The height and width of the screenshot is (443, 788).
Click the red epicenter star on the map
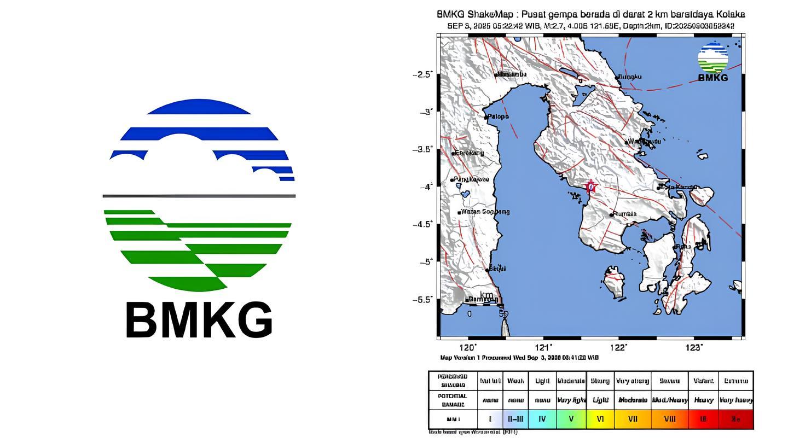click(x=590, y=187)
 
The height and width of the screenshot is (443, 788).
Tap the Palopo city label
click(x=498, y=116)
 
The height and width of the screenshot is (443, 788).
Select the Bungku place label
click(x=630, y=77)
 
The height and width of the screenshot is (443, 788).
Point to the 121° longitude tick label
click(x=543, y=347)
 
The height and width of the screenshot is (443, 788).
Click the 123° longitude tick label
click(x=694, y=347)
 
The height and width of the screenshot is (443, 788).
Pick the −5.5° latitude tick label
click(x=422, y=300)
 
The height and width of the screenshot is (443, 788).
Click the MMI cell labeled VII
click(x=633, y=419)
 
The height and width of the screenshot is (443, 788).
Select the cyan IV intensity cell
click(x=542, y=419)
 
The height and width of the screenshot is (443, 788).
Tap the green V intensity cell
click(x=571, y=419)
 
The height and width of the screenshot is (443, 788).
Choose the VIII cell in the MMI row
click(x=670, y=419)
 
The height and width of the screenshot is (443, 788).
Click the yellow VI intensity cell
click(x=600, y=419)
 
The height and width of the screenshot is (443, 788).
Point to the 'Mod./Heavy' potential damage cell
click(x=670, y=400)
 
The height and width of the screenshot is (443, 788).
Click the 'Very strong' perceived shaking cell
click(x=633, y=381)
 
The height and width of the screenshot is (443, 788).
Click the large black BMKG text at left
click(x=199, y=320)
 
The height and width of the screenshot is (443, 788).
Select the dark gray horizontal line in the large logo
click(x=199, y=196)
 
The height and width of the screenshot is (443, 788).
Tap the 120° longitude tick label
click(x=468, y=347)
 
